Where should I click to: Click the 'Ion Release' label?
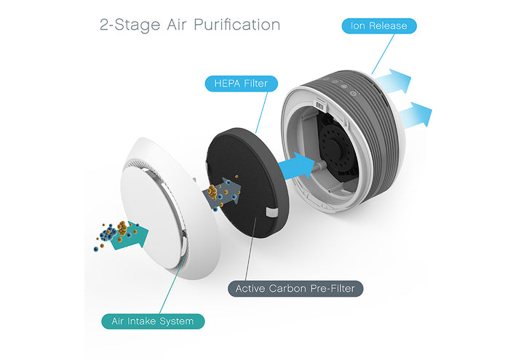[x=379, y=26]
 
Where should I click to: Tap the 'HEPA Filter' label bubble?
[x=241, y=84]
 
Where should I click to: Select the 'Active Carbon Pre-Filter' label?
[x=295, y=289]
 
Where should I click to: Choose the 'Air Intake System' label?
[x=153, y=321]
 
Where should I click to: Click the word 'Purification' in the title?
[x=237, y=25]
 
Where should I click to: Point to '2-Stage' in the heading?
[x=130, y=25]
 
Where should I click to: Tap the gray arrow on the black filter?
[x=222, y=193]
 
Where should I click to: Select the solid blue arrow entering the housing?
[x=297, y=166]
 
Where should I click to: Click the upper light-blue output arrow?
[x=392, y=81]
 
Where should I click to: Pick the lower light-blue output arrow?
[x=415, y=115]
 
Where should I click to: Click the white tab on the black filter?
[x=271, y=212]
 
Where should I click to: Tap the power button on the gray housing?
[x=353, y=93]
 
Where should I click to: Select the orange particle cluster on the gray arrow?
[x=214, y=192]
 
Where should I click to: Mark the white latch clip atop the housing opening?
[x=321, y=104]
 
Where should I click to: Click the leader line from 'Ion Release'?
[x=383, y=54]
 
